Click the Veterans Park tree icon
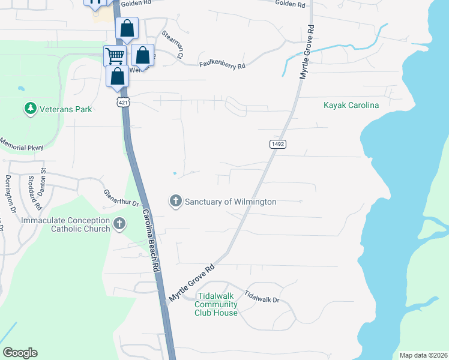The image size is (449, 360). pyautogui.click(x=30, y=109)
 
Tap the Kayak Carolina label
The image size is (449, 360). pyautogui.click(x=351, y=105)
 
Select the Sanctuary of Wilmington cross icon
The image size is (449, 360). pyautogui.click(x=176, y=201)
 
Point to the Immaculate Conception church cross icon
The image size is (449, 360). pyautogui.click(x=119, y=224)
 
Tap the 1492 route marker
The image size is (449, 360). pyautogui.click(x=277, y=144)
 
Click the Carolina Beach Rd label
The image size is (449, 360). pyautogui.click(x=151, y=241)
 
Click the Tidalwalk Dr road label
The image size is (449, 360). pyautogui.click(x=262, y=296)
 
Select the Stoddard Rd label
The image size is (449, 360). pyautogui.click(x=35, y=192)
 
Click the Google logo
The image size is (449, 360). pyautogui.click(x=20, y=353)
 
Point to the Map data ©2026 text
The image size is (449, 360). pyautogui.click(x=423, y=355)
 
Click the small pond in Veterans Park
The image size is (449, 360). pyautogui.click(x=21, y=88)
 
